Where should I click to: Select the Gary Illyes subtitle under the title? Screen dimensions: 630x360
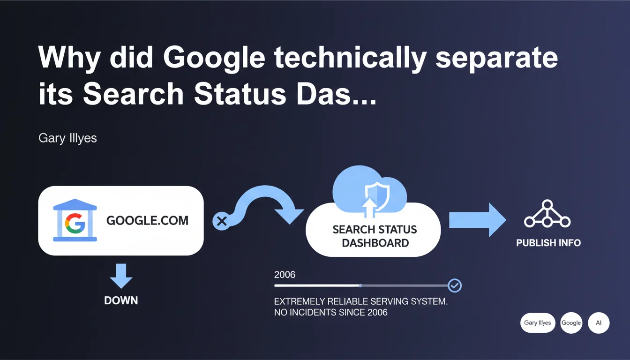pos(67,138)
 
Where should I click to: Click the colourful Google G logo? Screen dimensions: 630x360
pos(75,223)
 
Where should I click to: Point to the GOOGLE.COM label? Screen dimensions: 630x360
pos(147,220)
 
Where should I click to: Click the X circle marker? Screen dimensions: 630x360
pos(221,221)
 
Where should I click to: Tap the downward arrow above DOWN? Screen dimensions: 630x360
pos(121,276)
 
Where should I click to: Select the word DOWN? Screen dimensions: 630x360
pos(121,300)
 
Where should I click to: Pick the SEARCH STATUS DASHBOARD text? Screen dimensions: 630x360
pos(375,236)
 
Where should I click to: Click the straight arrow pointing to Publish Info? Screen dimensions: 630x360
pos(477,220)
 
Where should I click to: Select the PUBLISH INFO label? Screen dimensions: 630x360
pos(548,243)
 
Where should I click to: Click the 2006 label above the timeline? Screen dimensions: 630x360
pos(285,275)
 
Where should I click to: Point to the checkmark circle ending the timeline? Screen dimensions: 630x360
pos(455,286)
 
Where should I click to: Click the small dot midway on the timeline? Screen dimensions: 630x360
pos(360,286)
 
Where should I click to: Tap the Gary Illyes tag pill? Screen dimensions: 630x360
pos(538,323)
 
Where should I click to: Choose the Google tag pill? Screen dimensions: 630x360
pos(571,323)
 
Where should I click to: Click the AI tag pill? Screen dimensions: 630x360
pos(599,323)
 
